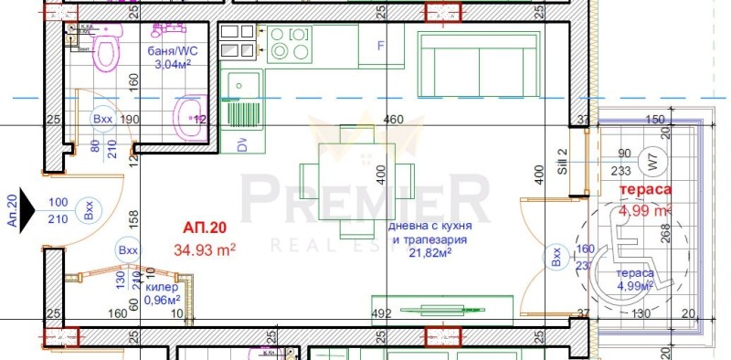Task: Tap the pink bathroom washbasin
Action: (190, 113)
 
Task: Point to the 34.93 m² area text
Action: (206, 248)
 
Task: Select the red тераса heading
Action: (646, 190)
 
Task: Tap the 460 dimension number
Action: (393, 120)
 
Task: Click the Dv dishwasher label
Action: (241, 144)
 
